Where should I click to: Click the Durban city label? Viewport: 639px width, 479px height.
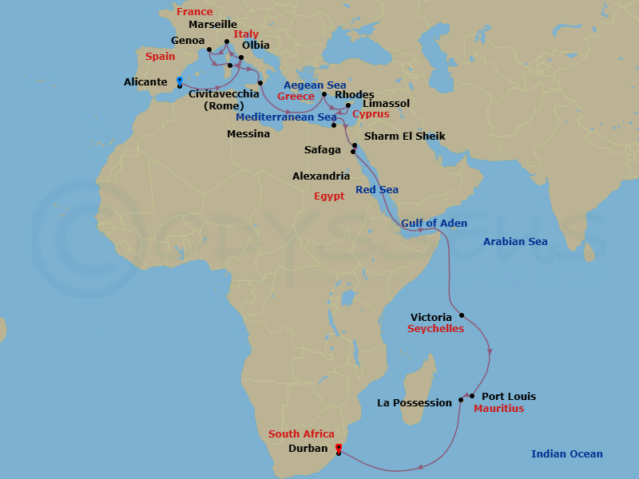click(308, 449)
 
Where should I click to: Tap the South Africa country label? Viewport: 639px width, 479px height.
click(301, 434)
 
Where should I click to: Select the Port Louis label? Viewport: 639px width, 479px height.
click(510, 397)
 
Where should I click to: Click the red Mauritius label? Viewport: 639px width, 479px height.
click(498, 409)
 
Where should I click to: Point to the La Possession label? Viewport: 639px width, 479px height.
click(415, 403)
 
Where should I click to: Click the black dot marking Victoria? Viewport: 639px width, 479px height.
click(462, 315)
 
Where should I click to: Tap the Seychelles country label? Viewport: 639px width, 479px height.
click(435, 329)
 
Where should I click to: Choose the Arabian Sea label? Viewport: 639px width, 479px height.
click(515, 242)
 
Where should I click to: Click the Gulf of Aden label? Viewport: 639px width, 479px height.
click(434, 224)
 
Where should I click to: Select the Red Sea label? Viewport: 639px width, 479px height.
click(377, 190)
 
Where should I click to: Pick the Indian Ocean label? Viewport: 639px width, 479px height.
click(567, 454)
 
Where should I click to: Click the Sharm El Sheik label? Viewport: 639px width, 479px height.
click(404, 137)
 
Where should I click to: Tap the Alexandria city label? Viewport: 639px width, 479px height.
click(321, 176)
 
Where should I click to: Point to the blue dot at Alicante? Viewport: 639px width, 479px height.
click(180, 79)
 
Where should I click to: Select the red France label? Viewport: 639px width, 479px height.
click(195, 12)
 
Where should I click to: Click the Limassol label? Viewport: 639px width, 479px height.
click(386, 104)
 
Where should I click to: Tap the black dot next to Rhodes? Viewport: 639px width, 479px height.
click(324, 94)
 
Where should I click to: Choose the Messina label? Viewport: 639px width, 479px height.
click(248, 134)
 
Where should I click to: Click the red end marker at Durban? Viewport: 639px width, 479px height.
click(339, 447)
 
